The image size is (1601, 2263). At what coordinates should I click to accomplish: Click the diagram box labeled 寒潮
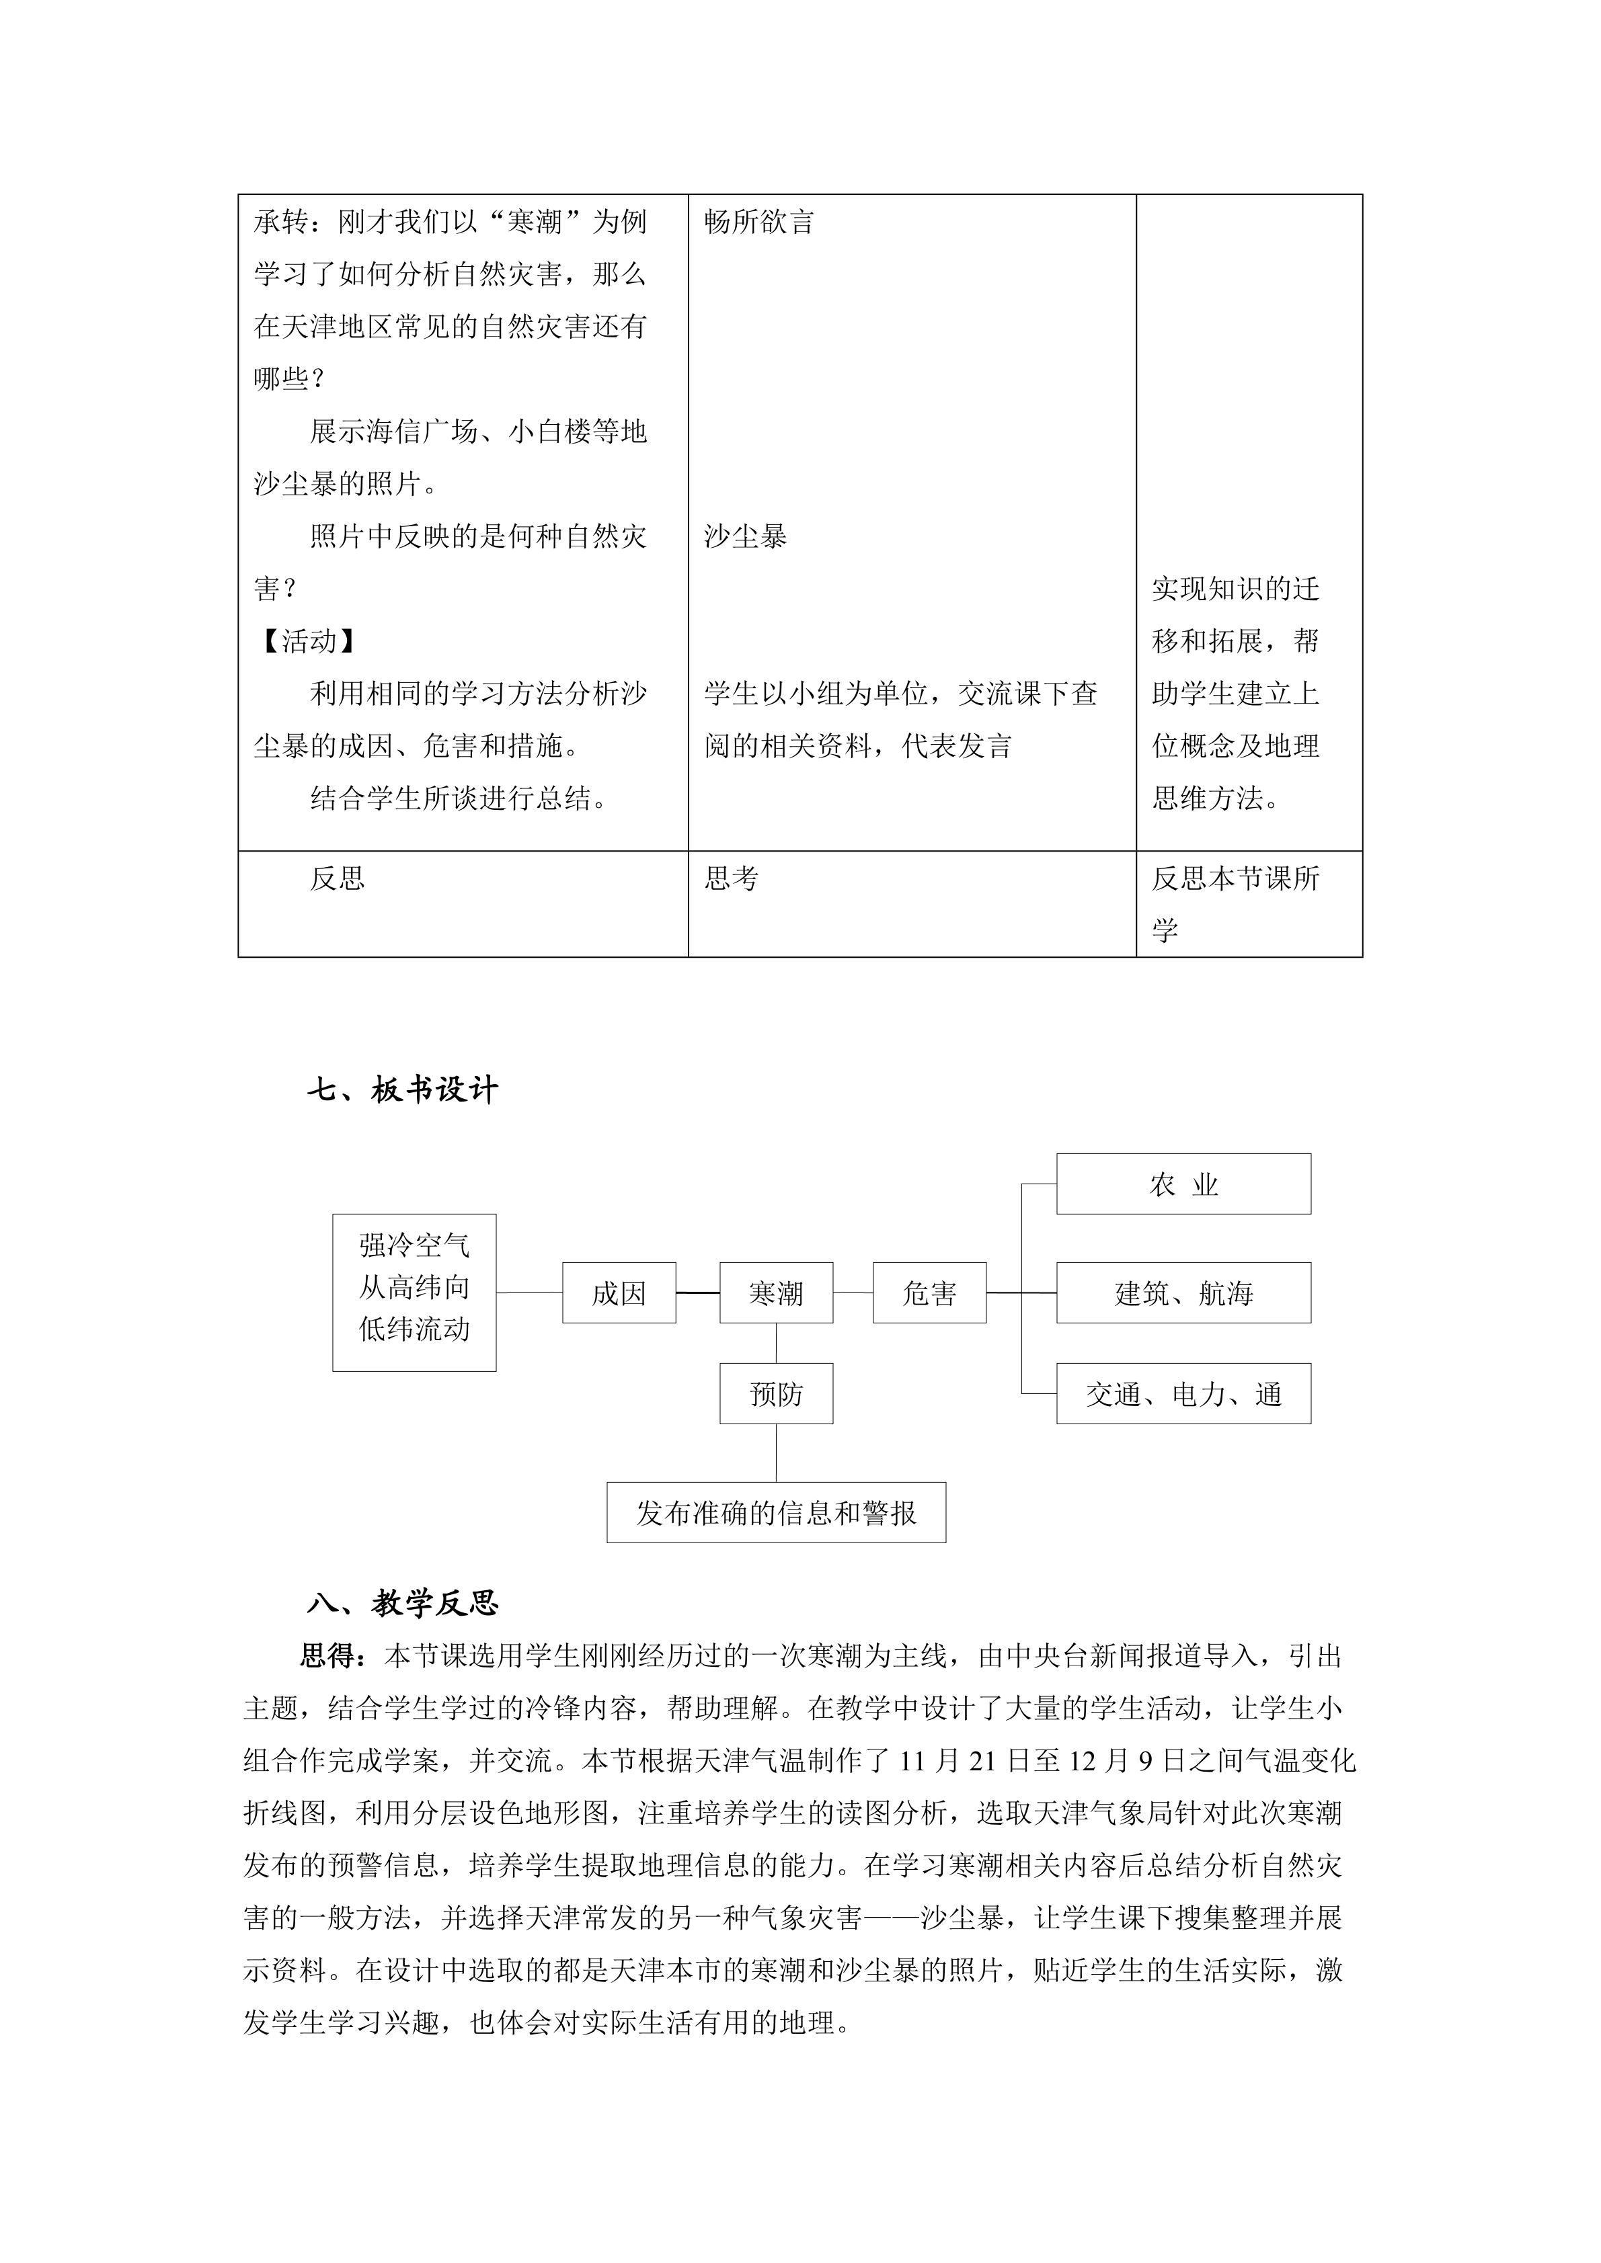[x=776, y=1292]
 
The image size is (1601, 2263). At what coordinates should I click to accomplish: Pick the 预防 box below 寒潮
[x=776, y=1394]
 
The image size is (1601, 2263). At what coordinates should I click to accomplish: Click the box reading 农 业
[x=1183, y=1184]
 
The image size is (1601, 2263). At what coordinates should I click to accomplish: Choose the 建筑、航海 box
[x=1183, y=1292]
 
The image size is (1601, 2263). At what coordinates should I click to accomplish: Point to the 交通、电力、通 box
[x=1183, y=1394]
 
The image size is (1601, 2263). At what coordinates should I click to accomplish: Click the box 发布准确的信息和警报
[x=776, y=1513]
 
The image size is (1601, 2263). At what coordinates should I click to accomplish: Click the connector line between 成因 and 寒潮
[x=698, y=1292]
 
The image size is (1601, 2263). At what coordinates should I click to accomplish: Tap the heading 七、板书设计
[x=402, y=1089]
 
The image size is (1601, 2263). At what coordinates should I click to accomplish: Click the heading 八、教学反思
[x=402, y=1604]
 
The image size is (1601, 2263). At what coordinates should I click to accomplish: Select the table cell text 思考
[x=732, y=878]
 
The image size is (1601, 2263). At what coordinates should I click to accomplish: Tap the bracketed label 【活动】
[x=307, y=641]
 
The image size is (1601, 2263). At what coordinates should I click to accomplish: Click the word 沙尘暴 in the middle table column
[x=745, y=536]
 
